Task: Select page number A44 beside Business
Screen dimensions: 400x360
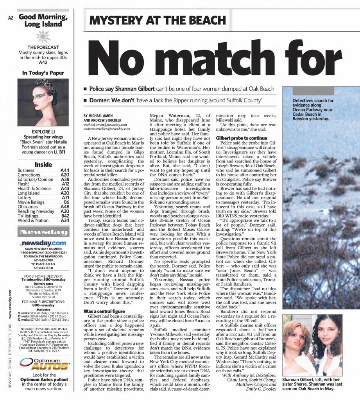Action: pos(65,170)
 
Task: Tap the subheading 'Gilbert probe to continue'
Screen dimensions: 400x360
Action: pos(236,138)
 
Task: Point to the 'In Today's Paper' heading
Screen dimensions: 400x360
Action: pos(43,73)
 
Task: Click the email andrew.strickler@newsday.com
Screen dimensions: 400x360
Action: pos(107,129)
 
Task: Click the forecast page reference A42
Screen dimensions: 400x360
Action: pos(43,62)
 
